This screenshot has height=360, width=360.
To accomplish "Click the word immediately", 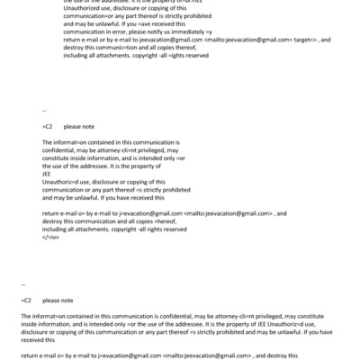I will [181, 32].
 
